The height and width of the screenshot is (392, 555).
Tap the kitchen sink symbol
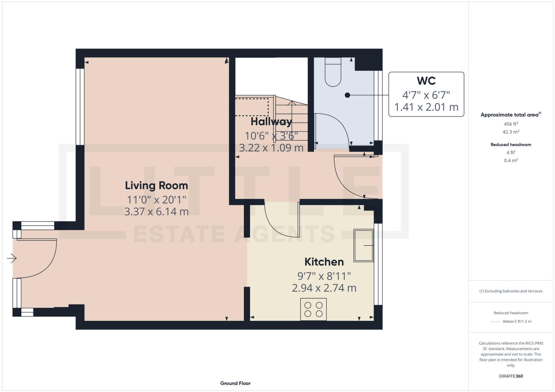(363, 246)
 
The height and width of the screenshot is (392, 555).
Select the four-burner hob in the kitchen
(313, 309)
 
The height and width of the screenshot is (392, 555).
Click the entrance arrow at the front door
(12, 258)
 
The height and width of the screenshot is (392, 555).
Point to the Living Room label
(156, 185)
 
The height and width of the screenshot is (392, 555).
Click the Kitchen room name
(324, 262)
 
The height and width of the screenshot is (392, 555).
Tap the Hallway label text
(271, 122)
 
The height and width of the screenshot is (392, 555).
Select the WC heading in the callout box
(426, 81)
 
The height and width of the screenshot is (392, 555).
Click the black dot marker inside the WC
(348, 95)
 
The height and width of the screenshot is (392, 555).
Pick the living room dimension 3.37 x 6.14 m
(156, 212)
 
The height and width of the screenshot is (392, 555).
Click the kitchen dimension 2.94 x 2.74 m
(324, 288)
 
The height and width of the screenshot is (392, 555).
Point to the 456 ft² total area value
(511, 124)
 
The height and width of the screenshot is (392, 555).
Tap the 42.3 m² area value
(511, 132)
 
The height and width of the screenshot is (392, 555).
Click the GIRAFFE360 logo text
(511, 376)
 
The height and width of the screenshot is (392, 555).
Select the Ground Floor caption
(235, 383)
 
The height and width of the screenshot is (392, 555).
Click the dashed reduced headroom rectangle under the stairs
(252, 107)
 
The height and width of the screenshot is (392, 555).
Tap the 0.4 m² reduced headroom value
(511, 160)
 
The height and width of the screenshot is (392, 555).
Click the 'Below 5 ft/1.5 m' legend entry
(517, 322)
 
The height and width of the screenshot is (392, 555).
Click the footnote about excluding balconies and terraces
(511, 291)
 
